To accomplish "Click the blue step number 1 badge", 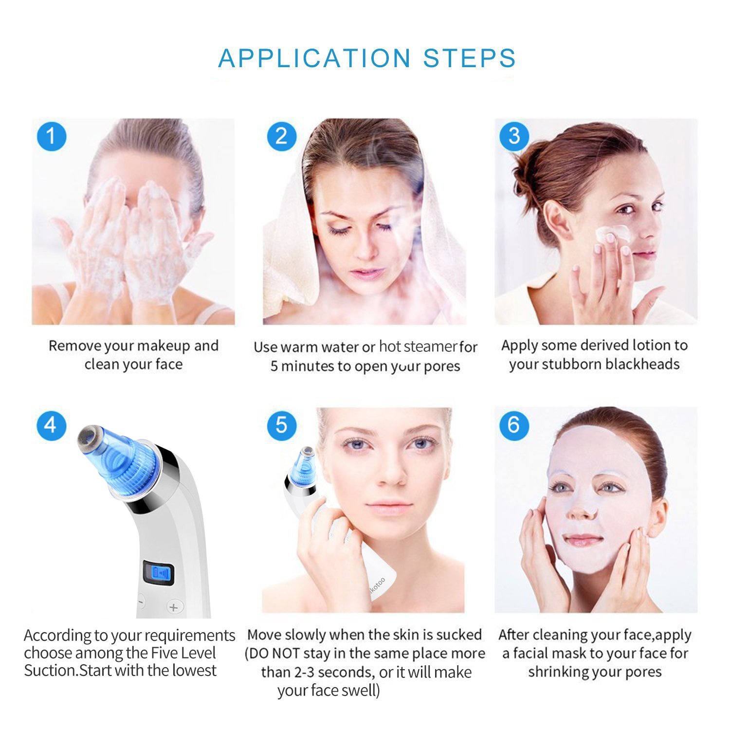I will [52, 136].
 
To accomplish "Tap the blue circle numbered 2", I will [281, 136].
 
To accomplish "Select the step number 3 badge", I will [514, 136].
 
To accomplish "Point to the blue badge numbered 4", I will [51, 426].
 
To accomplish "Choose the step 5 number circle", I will [281, 425].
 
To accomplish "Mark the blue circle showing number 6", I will [514, 425].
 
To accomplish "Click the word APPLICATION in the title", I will [314, 58].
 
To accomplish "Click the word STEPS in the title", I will [469, 58].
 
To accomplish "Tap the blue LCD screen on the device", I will [159, 573].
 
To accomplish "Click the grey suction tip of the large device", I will [89, 436].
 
